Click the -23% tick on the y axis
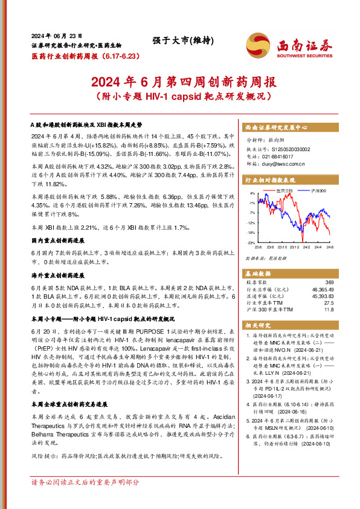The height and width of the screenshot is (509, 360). point(251,242)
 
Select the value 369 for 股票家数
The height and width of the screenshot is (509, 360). point(329,282)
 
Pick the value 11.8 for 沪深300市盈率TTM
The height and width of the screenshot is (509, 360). point(329,310)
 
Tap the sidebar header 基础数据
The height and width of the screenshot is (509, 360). point(256,272)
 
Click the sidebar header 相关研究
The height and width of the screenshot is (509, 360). point(256,326)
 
